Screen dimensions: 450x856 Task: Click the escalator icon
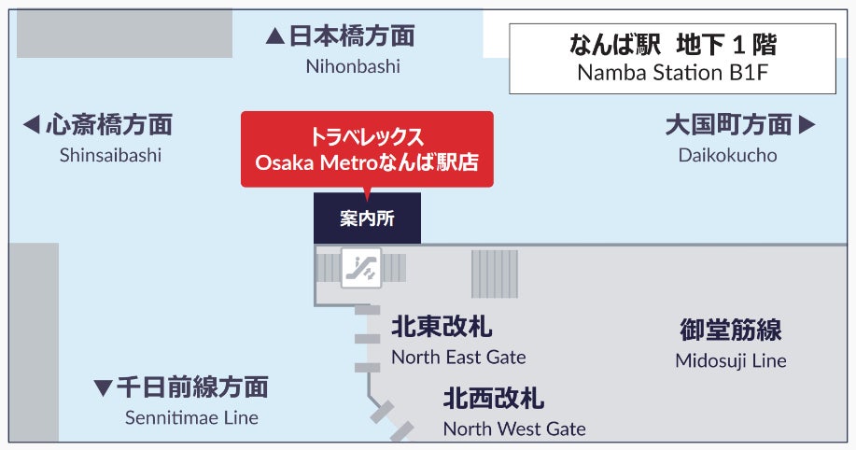(x=360, y=268)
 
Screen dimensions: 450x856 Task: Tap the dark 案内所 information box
(x=367, y=218)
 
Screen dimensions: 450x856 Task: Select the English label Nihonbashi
(x=353, y=66)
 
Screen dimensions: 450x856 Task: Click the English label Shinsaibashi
(x=110, y=155)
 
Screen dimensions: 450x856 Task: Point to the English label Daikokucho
(x=727, y=155)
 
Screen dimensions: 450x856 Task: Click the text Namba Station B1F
(x=672, y=73)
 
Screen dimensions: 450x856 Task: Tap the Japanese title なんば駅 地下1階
(x=672, y=44)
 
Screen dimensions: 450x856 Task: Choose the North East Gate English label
(x=458, y=357)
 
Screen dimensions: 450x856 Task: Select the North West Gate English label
(x=514, y=429)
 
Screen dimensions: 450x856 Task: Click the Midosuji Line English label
(x=731, y=359)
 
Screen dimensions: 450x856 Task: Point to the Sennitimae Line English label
(x=191, y=417)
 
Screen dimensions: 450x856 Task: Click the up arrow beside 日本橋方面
(x=274, y=37)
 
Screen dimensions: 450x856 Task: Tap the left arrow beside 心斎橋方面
(x=31, y=125)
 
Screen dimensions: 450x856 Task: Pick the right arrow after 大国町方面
(x=807, y=125)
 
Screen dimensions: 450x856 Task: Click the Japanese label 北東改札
(x=442, y=328)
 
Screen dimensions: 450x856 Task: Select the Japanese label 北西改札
(x=494, y=400)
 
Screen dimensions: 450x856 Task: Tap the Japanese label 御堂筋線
(x=731, y=330)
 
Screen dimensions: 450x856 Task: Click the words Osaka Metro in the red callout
(x=310, y=162)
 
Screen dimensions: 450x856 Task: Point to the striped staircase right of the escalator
(x=494, y=274)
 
